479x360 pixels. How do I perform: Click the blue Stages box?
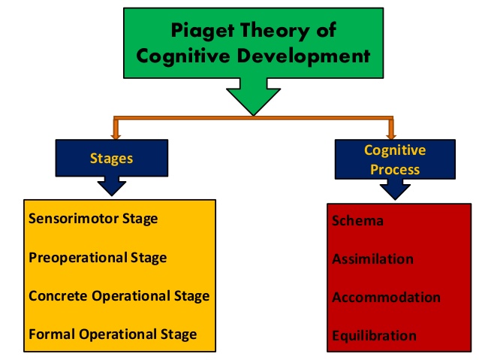tap(112, 159)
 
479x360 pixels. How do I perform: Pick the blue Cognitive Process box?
tap(394, 159)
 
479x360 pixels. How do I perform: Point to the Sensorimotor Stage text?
tap(93, 219)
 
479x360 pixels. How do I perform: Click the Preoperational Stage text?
tap(98, 257)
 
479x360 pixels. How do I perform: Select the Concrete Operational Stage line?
tap(119, 295)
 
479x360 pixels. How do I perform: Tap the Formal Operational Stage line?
tap(113, 334)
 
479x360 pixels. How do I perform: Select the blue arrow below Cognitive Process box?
tap(395, 189)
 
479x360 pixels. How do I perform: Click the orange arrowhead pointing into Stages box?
tap(116, 134)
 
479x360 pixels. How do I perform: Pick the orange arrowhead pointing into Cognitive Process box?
tap(390, 134)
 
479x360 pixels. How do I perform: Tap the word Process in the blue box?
tap(395, 168)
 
